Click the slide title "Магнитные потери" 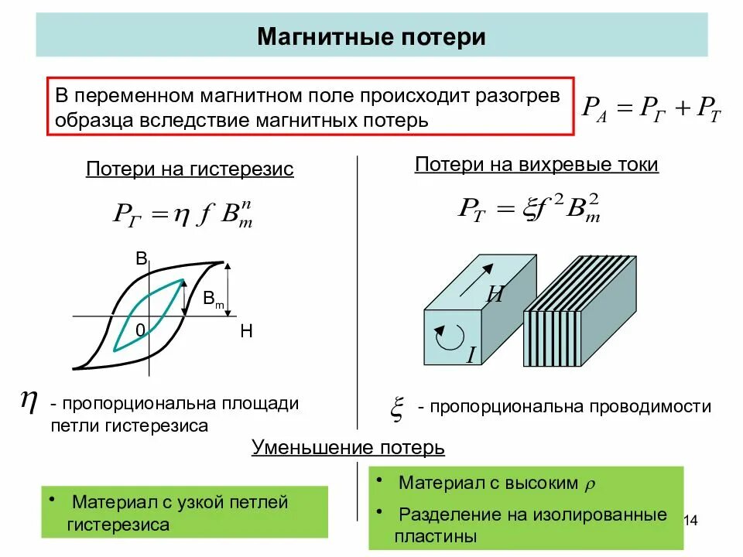pyautogui.click(x=371, y=36)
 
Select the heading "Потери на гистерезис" pyautogui.click(x=190, y=169)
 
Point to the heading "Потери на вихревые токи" pyautogui.click(x=536, y=164)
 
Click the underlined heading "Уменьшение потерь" pyautogui.click(x=348, y=447)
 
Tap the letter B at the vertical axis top pyautogui.click(x=142, y=259)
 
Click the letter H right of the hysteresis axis pyautogui.click(x=246, y=332)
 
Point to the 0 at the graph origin pyautogui.click(x=140, y=330)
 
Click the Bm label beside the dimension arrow pyautogui.click(x=214, y=299)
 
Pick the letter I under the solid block pyautogui.click(x=471, y=355)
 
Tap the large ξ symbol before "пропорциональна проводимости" pyautogui.click(x=395, y=407)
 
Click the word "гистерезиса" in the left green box pyautogui.click(x=118, y=525)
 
